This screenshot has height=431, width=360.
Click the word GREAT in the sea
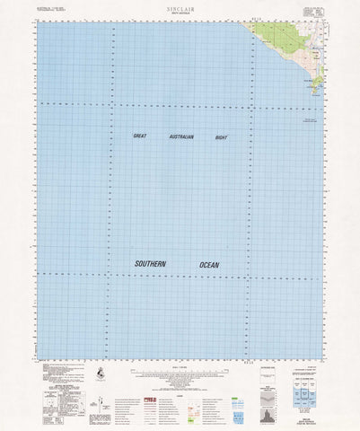tap(139, 136)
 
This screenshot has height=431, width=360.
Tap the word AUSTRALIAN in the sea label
tap(180, 136)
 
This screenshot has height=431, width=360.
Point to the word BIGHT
tap(222, 136)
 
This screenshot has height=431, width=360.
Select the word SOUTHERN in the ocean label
tap(150, 264)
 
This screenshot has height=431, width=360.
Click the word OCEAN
tap(208, 264)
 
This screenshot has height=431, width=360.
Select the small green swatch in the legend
tap(213, 389)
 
